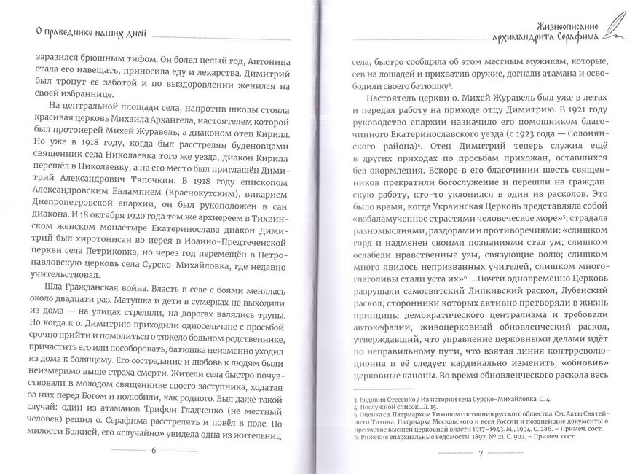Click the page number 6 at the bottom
[154, 449]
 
